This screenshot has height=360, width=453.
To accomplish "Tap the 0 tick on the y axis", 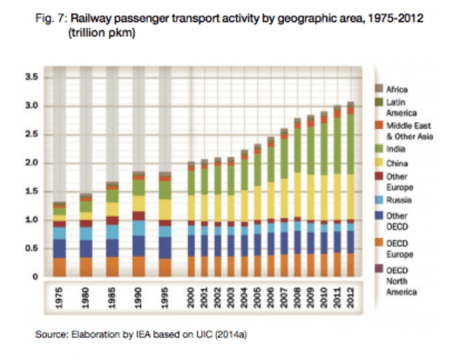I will pos(35,278).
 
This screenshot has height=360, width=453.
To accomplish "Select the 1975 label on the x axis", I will pos(59,297).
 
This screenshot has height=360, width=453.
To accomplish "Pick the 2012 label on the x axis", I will pos(350,297).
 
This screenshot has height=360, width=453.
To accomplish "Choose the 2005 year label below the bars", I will pos(257,297).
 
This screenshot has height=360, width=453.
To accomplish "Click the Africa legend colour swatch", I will pos(380,89).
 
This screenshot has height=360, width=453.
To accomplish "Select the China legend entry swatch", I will pos(380,161).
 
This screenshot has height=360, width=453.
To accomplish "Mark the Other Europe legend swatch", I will pos(380,176).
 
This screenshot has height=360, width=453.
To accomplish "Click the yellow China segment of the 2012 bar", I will pos(350,196).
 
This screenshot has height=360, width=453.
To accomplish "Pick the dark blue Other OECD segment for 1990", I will pos(138,246).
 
